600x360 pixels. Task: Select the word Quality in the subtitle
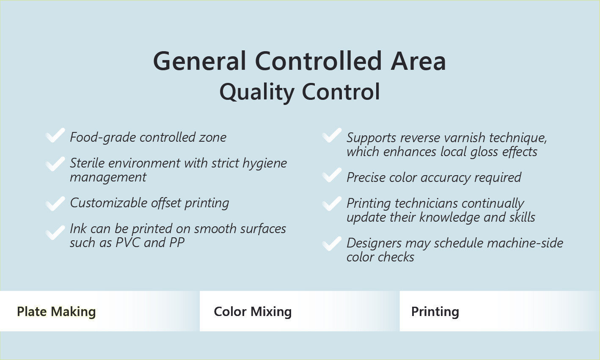[257, 92]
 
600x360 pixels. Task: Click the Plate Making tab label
[56, 311]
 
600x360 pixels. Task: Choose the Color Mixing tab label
[253, 311]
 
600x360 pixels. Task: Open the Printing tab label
[435, 311]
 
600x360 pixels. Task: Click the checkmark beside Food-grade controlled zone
[55, 135]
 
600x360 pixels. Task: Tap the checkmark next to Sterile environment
[55, 164]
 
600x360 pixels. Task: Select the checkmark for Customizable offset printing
[55, 203]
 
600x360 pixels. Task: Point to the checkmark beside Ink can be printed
[55, 233]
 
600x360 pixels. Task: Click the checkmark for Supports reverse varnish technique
[332, 135]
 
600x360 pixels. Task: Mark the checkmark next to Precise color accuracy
[332, 175]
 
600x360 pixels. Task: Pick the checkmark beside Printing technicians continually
[332, 203]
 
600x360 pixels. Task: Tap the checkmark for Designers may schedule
[332, 244]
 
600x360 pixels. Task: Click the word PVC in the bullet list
[128, 243]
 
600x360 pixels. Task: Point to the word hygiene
[264, 164]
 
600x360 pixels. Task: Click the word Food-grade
[103, 137]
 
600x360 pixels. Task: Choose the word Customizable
[108, 203]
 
